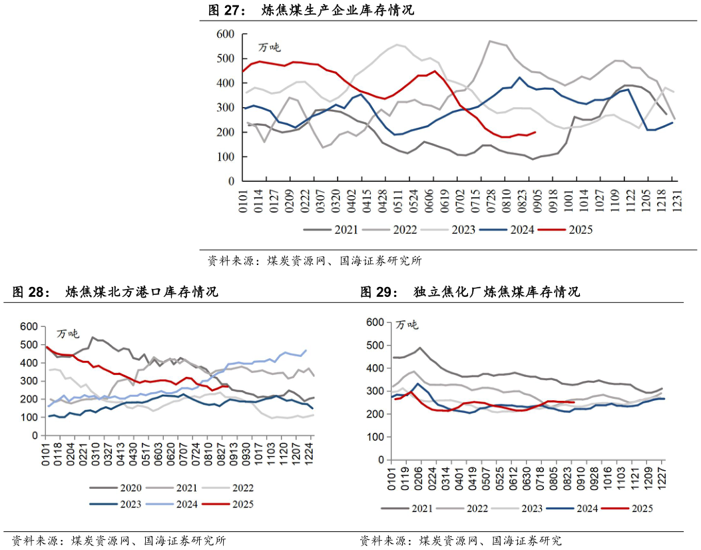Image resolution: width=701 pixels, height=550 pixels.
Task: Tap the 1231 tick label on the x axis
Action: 674,196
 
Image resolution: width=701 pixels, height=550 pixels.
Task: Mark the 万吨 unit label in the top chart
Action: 270,47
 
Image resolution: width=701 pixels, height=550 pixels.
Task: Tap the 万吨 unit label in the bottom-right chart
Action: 407,325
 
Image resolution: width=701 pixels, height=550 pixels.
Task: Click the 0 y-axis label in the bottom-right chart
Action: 381,459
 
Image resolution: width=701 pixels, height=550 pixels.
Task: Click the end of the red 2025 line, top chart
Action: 535,132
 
